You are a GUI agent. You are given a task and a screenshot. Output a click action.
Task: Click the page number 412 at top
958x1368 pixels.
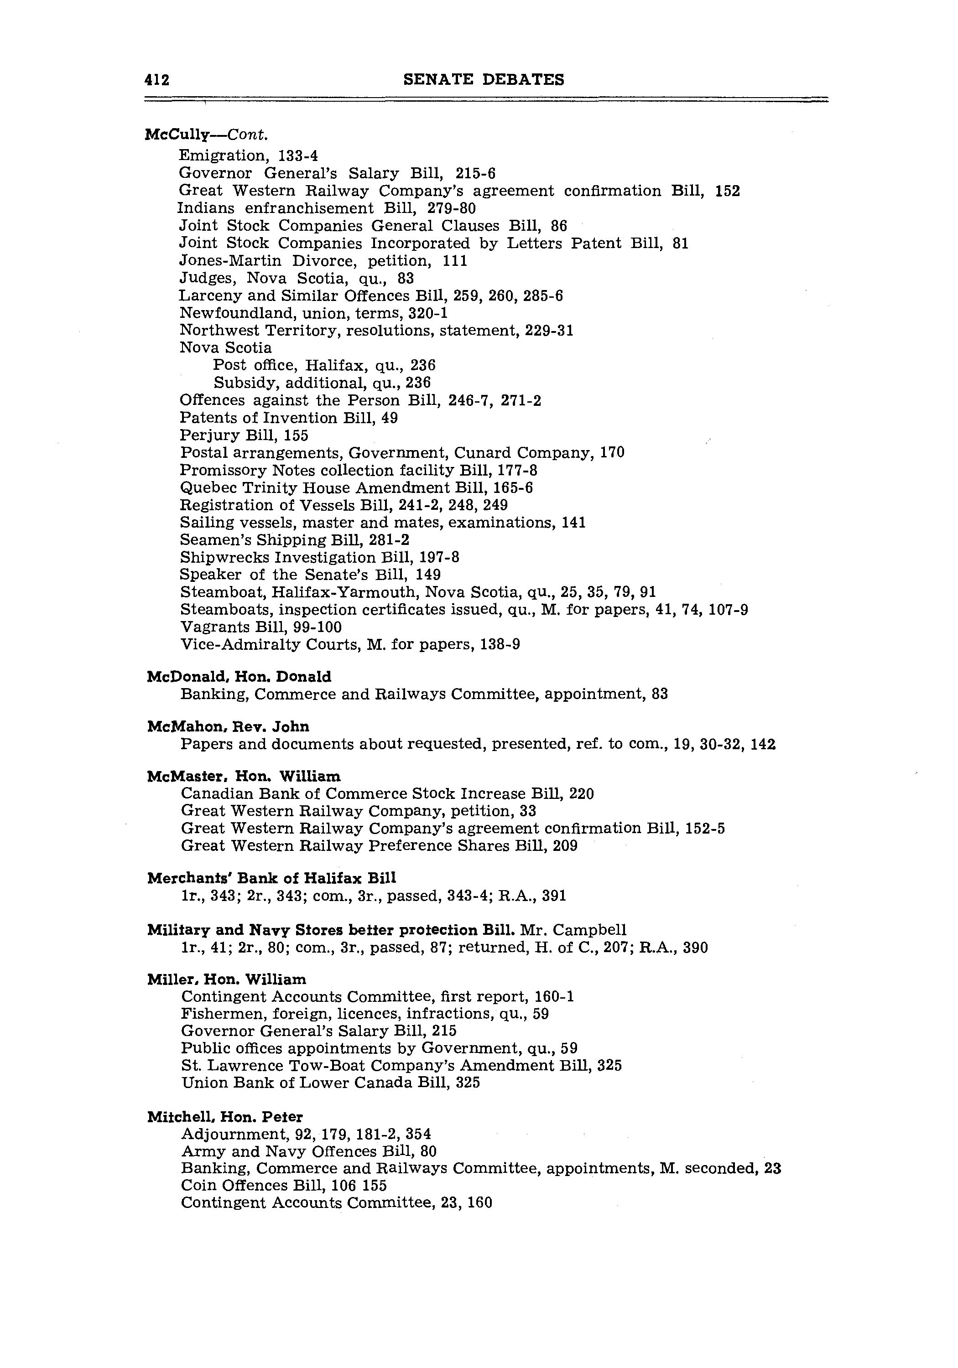point(157,80)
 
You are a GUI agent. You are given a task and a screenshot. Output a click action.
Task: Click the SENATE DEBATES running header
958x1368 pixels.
point(484,79)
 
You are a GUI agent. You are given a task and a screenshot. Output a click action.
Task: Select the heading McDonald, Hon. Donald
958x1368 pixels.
point(239,677)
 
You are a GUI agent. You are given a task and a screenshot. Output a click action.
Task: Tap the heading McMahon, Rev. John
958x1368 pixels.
point(228,727)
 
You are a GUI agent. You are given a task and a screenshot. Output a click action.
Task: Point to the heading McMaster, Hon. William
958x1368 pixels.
point(244,777)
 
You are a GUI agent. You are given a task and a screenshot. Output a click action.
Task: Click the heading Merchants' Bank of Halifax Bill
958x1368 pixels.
point(271,878)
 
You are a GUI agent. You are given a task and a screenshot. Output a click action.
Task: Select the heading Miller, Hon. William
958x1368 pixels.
point(227,979)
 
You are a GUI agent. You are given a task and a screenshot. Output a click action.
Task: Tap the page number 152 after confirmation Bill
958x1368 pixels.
point(727,191)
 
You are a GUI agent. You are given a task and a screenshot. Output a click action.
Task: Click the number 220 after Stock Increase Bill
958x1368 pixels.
point(582,794)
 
